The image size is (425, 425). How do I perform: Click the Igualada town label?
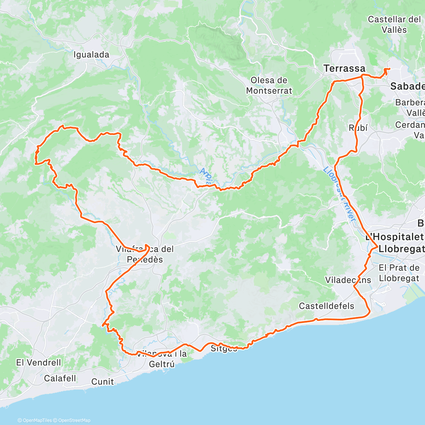click(91, 55)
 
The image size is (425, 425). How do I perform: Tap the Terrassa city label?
click(344, 68)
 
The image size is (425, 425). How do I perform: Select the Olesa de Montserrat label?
click(269, 86)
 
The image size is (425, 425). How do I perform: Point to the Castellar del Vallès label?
click(394, 24)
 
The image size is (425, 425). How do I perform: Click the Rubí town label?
click(358, 128)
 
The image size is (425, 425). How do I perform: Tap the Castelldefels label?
click(327, 306)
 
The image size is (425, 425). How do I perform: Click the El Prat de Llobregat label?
click(399, 273)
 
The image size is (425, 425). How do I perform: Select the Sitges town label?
click(224, 348)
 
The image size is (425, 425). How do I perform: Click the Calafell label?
click(60, 378)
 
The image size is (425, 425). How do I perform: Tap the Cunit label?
click(103, 382)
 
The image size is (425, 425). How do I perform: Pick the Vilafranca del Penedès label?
click(145, 254)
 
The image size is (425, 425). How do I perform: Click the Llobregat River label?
click(339, 195)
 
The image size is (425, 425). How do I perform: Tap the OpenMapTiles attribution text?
click(37, 420)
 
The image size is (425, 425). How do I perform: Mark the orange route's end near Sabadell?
click(389, 69)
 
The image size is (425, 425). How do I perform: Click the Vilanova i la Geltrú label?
click(162, 358)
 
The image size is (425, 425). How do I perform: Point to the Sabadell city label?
click(407, 86)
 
